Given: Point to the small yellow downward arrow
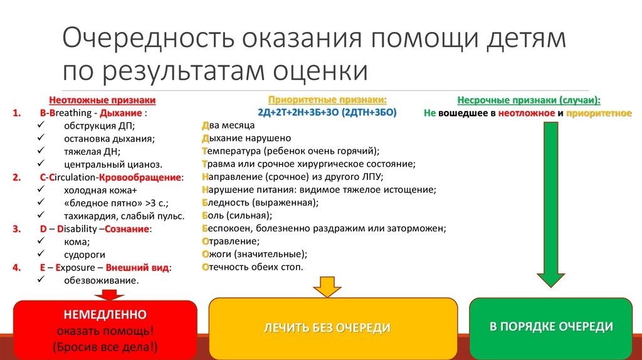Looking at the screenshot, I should (x=325, y=286).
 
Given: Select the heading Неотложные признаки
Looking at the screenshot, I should (x=102, y=100).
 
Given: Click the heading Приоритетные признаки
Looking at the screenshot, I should (x=327, y=100).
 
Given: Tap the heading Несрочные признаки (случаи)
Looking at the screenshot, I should (x=528, y=100).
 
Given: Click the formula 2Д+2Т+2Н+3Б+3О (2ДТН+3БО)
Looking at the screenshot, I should (x=327, y=112).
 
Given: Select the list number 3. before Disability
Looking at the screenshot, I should (x=16, y=229).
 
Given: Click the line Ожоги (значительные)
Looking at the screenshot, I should (x=254, y=254).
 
